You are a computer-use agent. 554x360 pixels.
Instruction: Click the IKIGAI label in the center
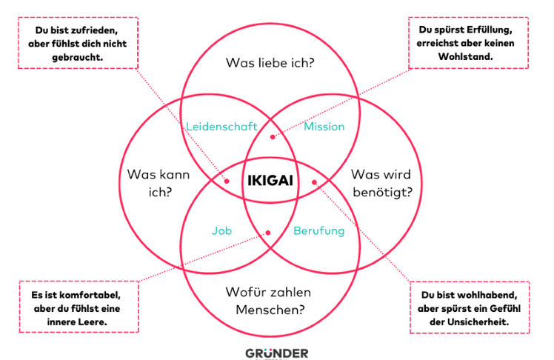click(270, 180)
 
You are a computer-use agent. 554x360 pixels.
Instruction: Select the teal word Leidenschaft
click(221, 127)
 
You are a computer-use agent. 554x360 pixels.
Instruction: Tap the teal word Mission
click(324, 127)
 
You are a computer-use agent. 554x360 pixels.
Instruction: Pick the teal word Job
click(221, 231)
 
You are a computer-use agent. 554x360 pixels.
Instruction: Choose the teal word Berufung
click(319, 231)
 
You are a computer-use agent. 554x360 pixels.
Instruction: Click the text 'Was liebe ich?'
click(270, 63)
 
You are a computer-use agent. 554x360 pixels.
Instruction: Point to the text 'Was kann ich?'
click(158, 183)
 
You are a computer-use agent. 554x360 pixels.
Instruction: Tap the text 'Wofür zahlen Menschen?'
click(270, 300)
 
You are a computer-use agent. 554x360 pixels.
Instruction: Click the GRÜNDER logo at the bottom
click(276, 353)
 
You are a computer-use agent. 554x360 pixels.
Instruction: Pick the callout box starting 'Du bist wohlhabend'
click(470, 305)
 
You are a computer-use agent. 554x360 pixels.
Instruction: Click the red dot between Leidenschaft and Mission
click(273, 136)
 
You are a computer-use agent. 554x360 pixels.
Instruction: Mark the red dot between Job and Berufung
click(269, 233)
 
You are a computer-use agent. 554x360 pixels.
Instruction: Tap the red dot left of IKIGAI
click(227, 180)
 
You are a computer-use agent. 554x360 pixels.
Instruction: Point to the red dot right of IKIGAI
click(314, 181)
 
